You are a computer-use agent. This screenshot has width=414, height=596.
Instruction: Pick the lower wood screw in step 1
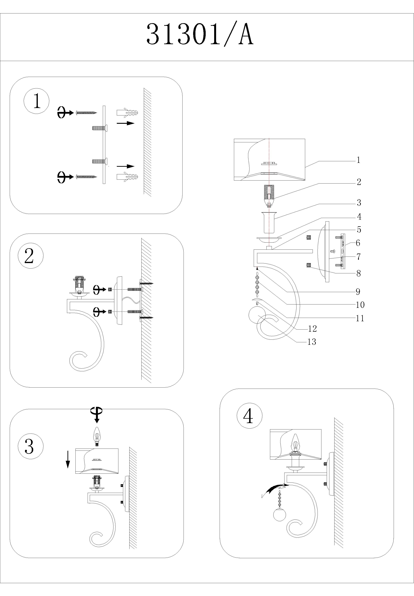87,177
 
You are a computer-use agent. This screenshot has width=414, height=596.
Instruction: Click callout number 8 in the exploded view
359,273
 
